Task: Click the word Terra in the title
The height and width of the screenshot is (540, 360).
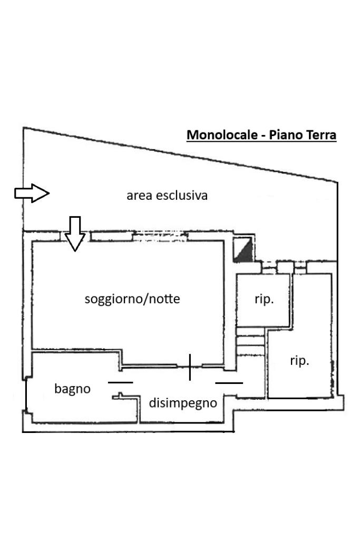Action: (319, 135)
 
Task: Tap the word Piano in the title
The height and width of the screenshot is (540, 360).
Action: (286, 135)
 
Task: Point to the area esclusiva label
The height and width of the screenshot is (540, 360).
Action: (167, 196)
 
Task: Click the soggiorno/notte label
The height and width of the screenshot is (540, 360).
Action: (132, 299)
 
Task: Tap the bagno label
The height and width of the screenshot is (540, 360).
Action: (72, 389)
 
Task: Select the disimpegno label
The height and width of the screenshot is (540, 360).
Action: (183, 403)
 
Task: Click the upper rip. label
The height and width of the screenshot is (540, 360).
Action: (264, 300)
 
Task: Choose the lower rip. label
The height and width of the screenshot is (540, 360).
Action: (299, 361)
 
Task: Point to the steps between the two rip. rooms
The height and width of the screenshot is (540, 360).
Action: (251, 343)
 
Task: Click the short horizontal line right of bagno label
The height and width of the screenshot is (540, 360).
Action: (121, 382)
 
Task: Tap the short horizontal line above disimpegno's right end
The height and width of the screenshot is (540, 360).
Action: (229, 383)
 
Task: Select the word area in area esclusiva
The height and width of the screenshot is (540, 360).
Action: (137, 196)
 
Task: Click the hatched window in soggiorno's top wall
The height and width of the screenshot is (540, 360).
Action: (159, 237)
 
